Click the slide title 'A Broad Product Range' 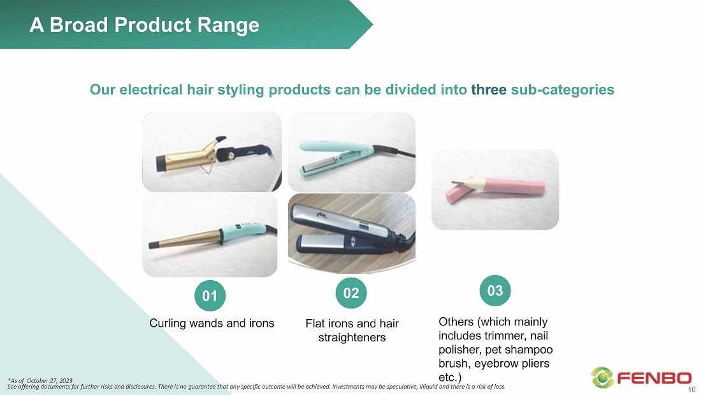click(x=144, y=25)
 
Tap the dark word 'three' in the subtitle click(x=489, y=89)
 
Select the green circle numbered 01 click(x=210, y=295)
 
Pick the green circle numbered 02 click(x=351, y=293)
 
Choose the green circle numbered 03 click(x=495, y=290)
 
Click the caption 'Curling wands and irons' click(x=212, y=324)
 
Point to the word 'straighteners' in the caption click(x=352, y=337)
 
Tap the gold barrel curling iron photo click(x=212, y=152)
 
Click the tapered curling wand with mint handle click(x=210, y=235)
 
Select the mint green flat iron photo click(x=351, y=153)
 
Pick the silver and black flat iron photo click(x=351, y=234)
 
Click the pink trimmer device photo click(x=495, y=190)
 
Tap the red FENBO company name click(x=654, y=378)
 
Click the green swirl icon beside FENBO click(x=602, y=378)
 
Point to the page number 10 click(x=691, y=390)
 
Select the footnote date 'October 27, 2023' click(x=49, y=381)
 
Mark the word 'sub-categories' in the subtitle click(x=563, y=89)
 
